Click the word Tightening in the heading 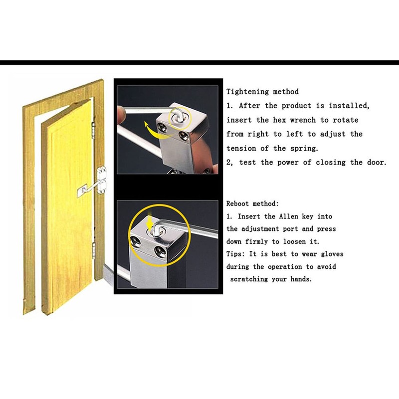248,92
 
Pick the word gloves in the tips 331,254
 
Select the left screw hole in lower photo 135,242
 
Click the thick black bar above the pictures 199,63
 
